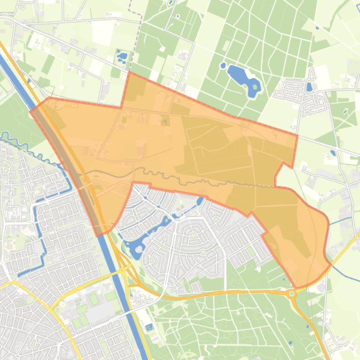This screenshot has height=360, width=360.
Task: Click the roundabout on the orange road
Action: pyautogui.click(x=292, y=294)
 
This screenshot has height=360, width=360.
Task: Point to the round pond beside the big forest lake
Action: pyautogui.click(x=223, y=65)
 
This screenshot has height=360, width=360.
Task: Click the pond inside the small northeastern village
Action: pyautogui.click(x=309, y=86)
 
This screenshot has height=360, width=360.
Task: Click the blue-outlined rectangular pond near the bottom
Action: pyautogui.click(x=149, y=327)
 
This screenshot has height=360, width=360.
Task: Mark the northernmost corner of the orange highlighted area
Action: pyautogui.click(x=129, y=72)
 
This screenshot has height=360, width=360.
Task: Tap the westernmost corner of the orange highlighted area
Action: pyautogui.click(x=31, y=111)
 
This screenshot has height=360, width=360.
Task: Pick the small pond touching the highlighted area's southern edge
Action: pyautogui.click(x=200, y=202)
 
